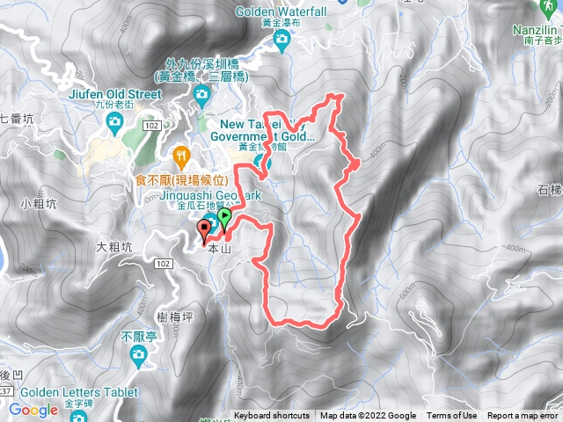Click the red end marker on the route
(x=206, y=230)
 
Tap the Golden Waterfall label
(x=281, y=11)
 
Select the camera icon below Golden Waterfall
(x=281, y=40)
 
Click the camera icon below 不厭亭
(x=138, y=354)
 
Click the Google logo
(x=33, y=410)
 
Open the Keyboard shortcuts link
(x=272, y=416)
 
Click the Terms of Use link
(x=452, y=416)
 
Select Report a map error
(x=523, y=416)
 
